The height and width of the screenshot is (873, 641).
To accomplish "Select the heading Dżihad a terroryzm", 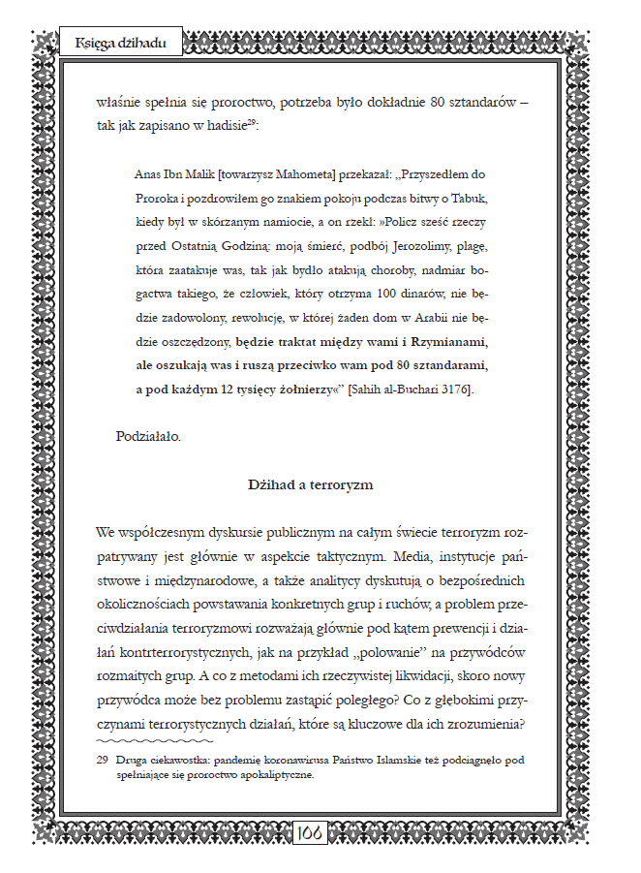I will pos(311,483).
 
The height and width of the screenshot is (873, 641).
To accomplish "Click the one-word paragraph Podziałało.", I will pos(148,436).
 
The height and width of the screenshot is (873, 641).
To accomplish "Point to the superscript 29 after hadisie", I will pos(251,122).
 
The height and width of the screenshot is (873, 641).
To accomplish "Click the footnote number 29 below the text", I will pos(102,762).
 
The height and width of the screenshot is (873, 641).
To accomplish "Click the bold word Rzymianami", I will pos(447,342).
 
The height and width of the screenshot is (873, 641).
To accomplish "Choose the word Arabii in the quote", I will pos(433,318).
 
